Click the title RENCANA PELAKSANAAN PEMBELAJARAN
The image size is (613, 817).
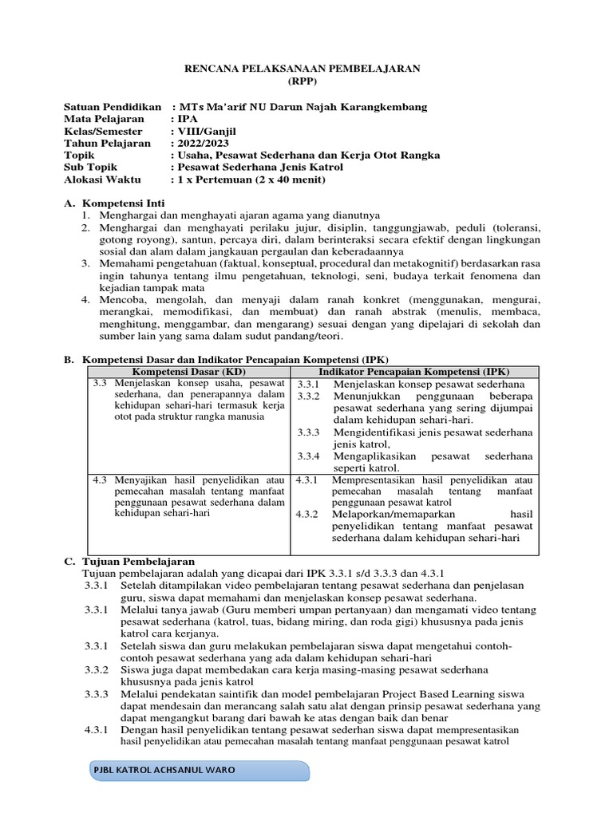point(306,69)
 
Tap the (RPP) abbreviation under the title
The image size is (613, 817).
point(306,81)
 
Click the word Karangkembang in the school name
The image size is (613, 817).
point(387,107)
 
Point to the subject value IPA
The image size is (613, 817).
point(190,119)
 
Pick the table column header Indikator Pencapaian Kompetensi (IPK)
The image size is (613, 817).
point(413,372)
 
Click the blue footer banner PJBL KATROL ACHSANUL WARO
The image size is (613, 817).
point(197,772)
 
